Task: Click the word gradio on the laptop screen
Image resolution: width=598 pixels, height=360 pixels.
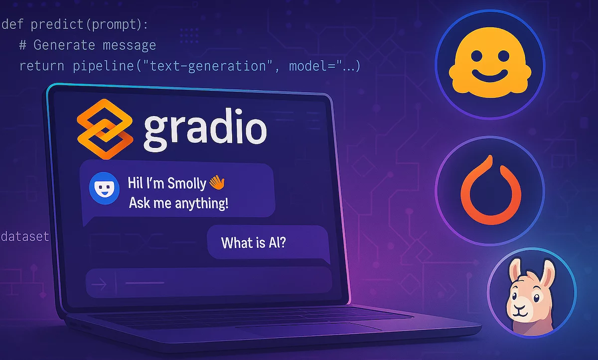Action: [x=205, y=129]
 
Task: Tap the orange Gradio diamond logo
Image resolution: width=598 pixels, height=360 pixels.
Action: [x=105, y=129]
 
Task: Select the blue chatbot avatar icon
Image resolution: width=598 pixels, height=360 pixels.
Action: [x=104, y=188]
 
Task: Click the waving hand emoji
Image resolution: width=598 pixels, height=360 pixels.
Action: [x=217, y=182]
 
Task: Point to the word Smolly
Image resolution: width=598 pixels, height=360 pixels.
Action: [x=187, y=183]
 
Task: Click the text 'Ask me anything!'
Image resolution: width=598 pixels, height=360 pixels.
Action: [x=178, y=203]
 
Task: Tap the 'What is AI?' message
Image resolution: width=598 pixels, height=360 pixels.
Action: [x=253, y=242]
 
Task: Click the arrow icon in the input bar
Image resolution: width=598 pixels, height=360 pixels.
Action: [x=99, y=284]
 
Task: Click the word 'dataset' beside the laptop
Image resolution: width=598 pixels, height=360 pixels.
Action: [x=25, y=237]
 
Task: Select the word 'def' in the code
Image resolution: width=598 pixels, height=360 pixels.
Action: [x=12, y=24]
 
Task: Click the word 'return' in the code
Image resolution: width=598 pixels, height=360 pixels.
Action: [x=42, y=66]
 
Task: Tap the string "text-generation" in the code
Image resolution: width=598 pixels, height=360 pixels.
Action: [x=208, y=66]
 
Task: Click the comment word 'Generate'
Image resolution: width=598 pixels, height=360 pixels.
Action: [x=64, y=45]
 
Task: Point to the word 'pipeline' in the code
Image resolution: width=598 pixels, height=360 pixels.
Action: [x=103, y=66]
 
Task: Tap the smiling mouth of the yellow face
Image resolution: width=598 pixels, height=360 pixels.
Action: [x=490, y=76]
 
